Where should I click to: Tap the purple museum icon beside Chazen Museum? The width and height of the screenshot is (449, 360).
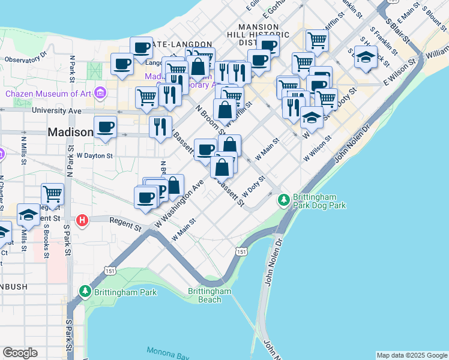100,93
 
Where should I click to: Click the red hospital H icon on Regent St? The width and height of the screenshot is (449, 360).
83,220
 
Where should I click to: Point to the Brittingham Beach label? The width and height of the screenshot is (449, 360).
209,295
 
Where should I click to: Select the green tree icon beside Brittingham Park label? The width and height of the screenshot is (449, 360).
85,292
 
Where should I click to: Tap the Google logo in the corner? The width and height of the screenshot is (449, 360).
20,353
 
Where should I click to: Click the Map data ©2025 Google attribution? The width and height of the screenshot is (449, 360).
411,355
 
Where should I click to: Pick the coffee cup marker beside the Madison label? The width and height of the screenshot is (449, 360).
105,127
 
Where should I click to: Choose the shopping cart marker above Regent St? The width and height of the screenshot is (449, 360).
53,194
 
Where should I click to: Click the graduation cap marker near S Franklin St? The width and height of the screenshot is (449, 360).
366,57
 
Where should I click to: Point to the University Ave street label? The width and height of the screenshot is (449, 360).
56,111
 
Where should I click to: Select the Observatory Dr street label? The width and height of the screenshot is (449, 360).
25,59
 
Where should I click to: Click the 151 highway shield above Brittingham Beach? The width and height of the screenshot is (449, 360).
241,252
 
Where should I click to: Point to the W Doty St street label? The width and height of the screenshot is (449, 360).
253,187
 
